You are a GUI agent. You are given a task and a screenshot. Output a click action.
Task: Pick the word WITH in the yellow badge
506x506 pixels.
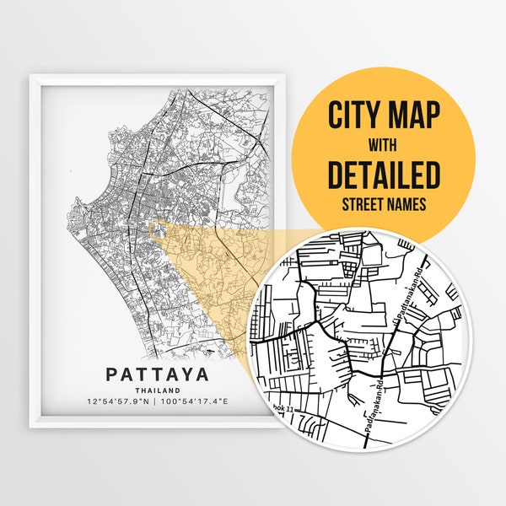[385, 143]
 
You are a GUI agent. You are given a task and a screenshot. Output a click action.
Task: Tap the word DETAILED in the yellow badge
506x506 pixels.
[385, 175]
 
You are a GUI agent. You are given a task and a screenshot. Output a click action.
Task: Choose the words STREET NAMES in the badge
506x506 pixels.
[385, 205]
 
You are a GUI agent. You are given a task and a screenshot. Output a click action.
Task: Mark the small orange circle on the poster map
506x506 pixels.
[157, 229]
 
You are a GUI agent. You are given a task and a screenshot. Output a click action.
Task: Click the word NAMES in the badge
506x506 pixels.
[406, 205]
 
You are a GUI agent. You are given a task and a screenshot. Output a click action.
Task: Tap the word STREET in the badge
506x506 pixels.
[363, 205]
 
